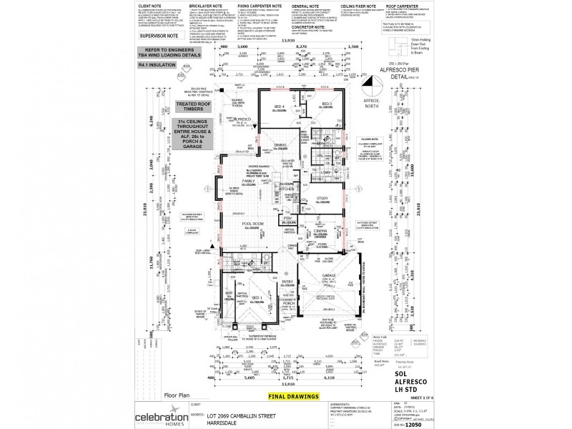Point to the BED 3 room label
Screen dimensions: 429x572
(x=327, y=104)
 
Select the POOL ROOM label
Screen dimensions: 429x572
(x=254, y=224)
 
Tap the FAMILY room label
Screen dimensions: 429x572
(x=248, y=181)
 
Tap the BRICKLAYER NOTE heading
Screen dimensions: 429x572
(x=203, y=5)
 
